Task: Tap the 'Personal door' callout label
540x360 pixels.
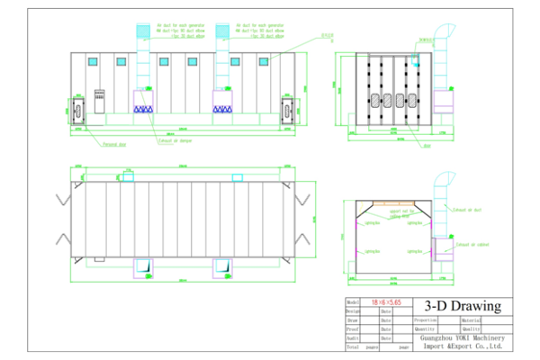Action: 113,144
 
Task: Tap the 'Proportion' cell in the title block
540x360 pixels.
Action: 426,319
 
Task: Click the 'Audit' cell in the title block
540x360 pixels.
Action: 354,337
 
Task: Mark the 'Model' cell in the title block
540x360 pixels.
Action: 353,303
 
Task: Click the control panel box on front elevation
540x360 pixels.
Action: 99,97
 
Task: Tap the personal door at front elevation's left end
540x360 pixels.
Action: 76,111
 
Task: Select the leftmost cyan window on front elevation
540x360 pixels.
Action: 92,61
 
